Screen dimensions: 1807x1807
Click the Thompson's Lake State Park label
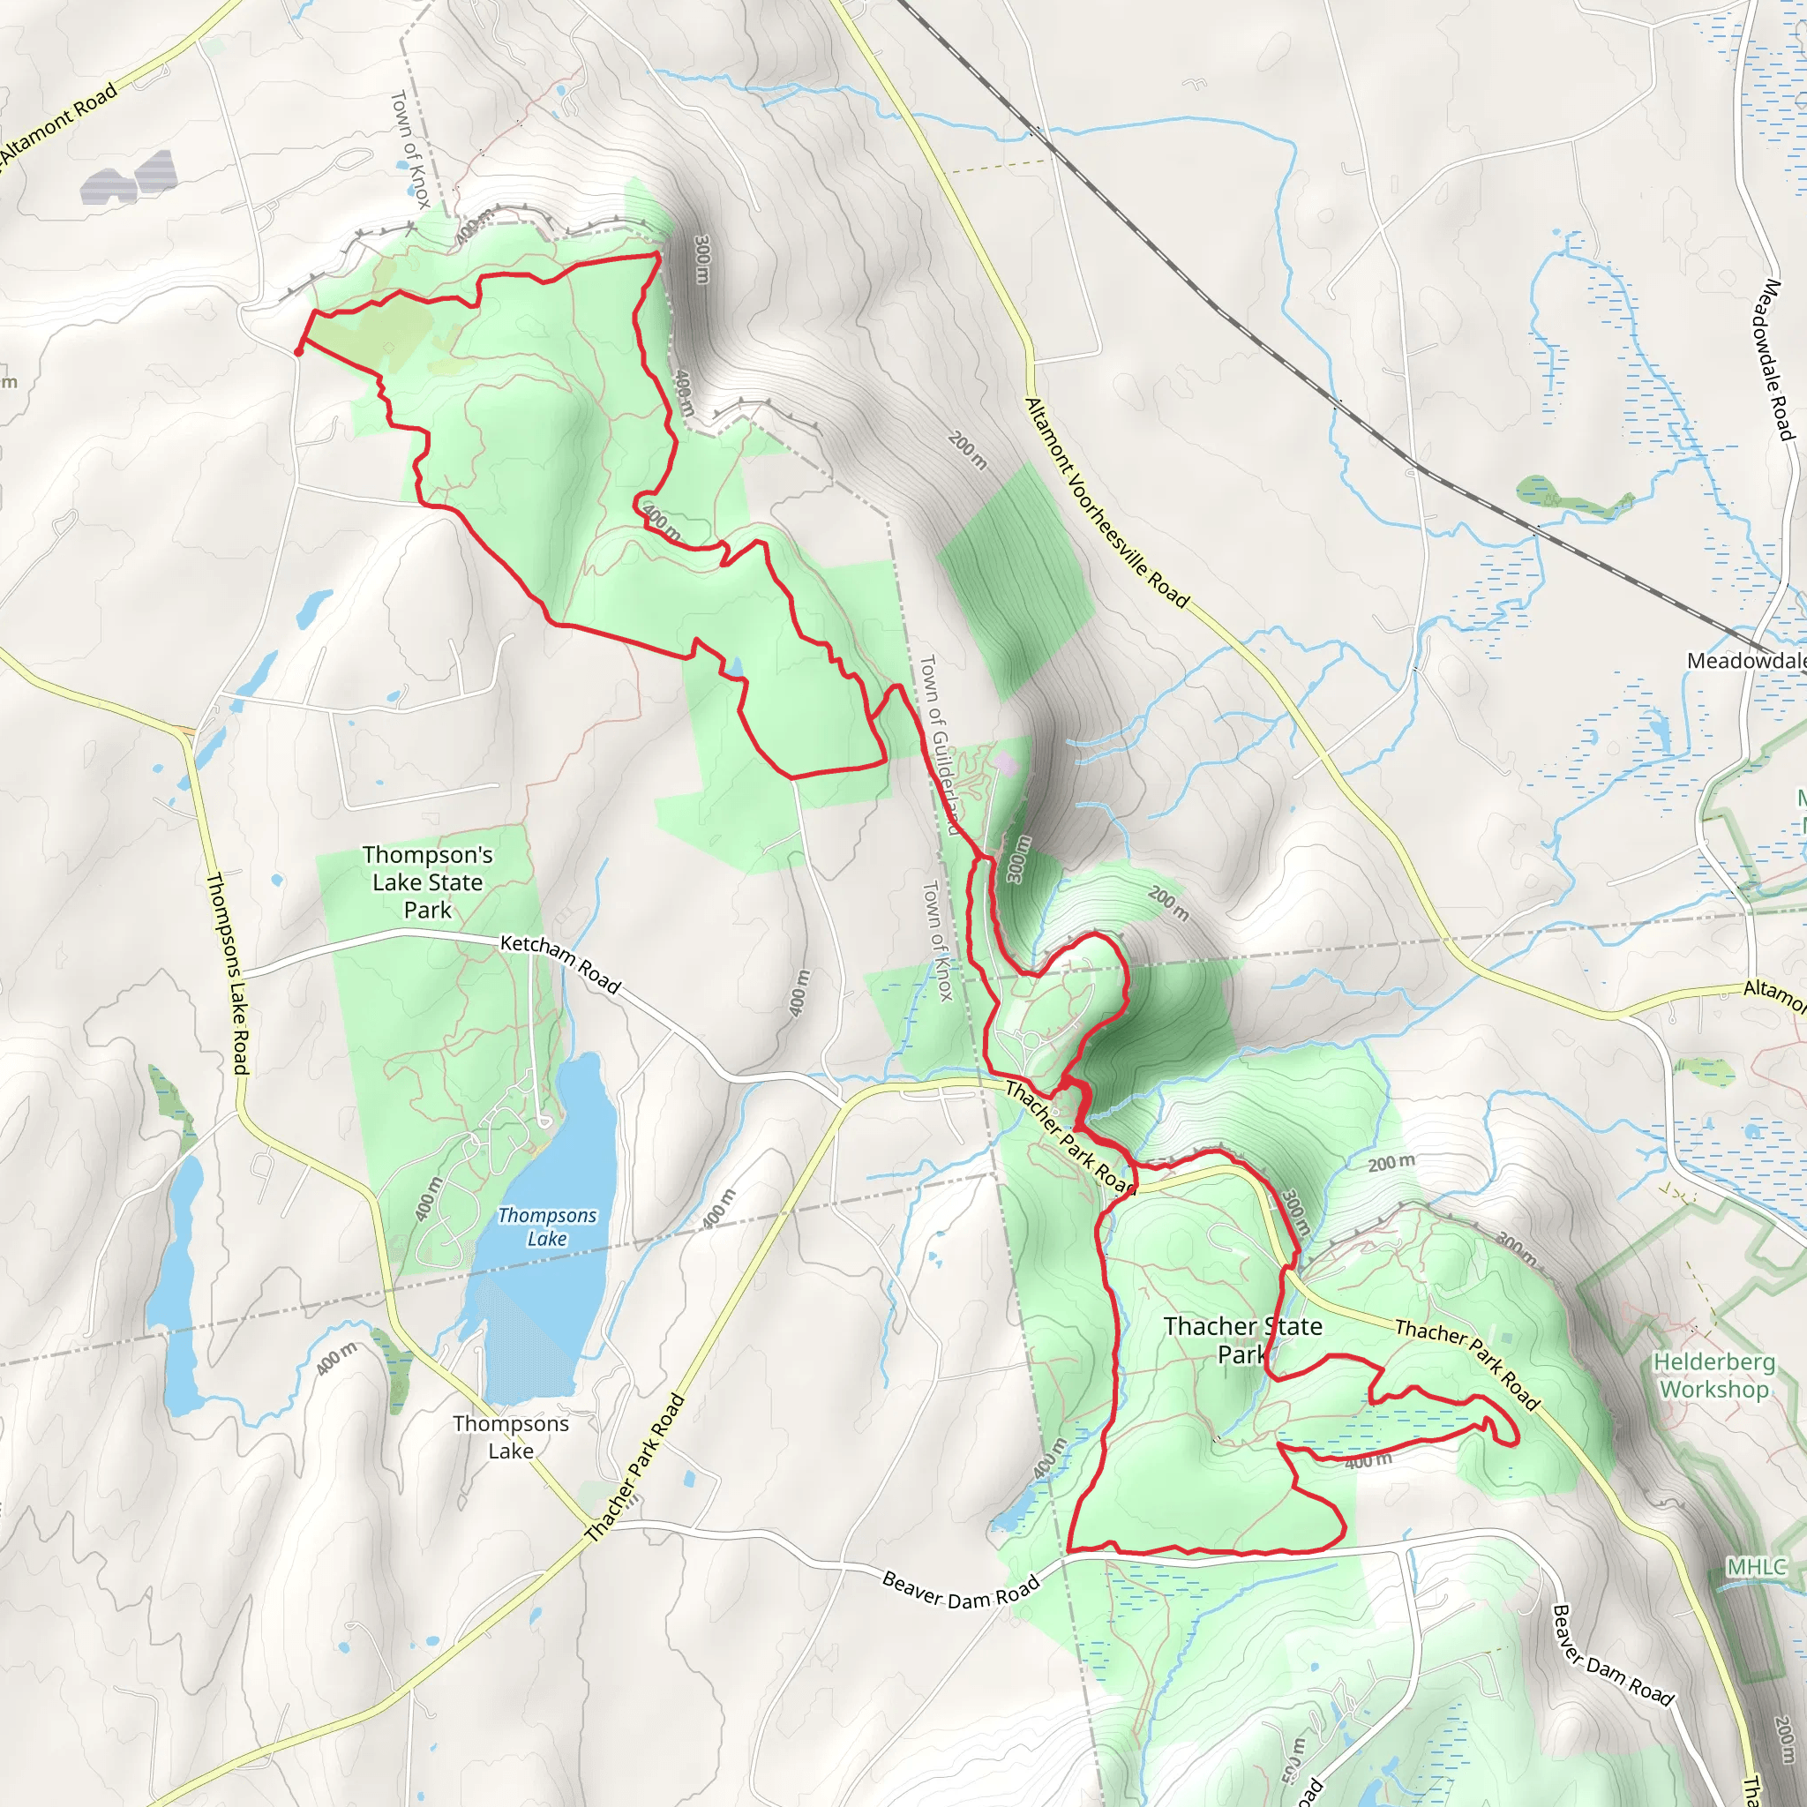point(427,882)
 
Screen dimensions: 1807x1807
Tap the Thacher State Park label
point(1242,1339)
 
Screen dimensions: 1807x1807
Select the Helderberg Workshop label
point(1713,1376)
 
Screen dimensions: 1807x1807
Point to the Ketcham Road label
point(560,963)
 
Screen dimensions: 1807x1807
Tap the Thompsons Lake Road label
point(228,972)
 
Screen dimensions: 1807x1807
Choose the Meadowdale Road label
point(1773,359)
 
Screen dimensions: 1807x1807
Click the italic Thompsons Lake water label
point(547,1227)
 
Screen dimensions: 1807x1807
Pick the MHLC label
point(1757,1567)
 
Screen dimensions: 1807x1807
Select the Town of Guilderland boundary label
point(940,745)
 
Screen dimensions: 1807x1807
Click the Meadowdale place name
point(1745,661)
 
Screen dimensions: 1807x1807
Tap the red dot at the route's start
point(297,352)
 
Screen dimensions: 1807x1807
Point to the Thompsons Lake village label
point(511,1436)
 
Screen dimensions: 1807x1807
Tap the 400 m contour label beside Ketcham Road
point(799,993)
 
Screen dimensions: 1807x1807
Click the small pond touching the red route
point(735,667)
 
